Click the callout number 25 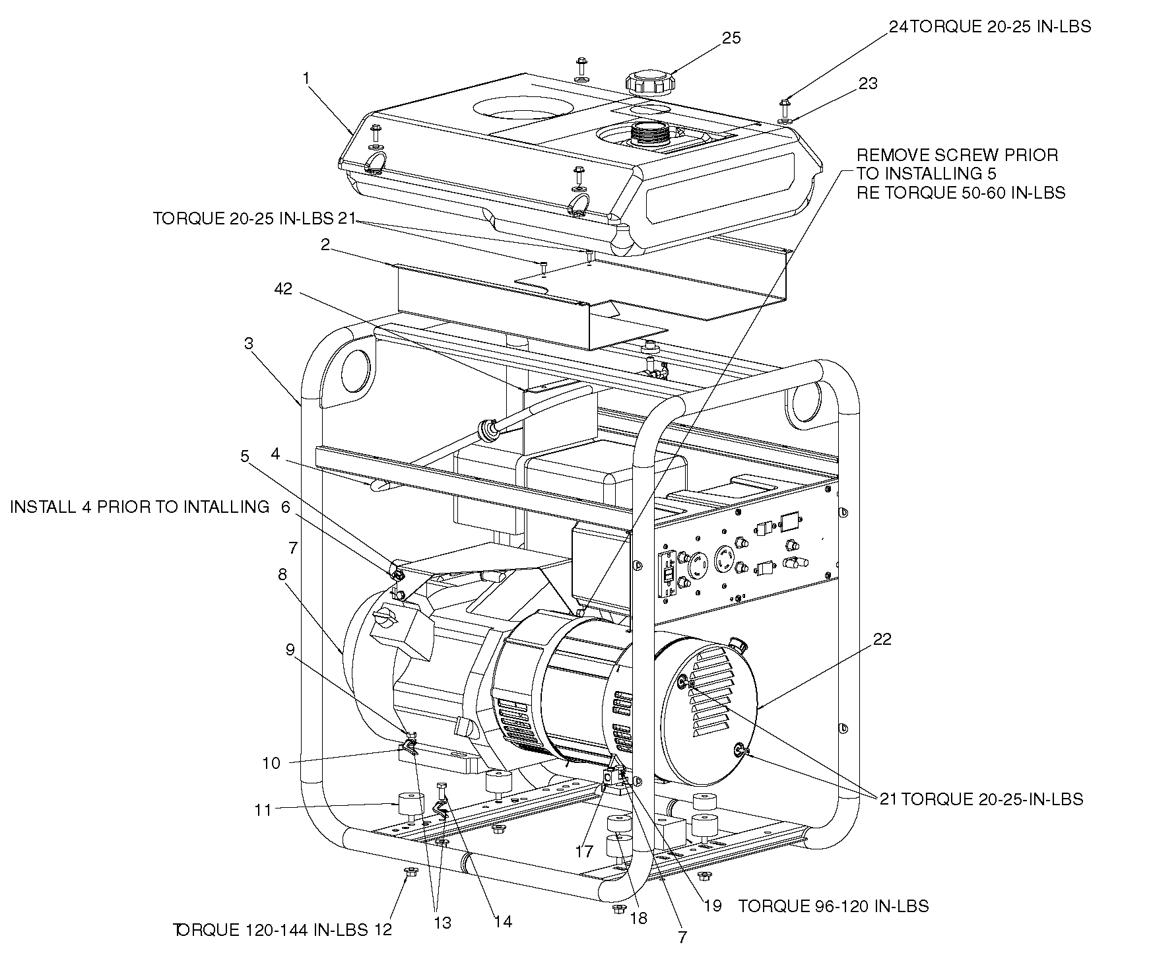click(x=731, y=38)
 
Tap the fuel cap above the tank click(x=649, y=82)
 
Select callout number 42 click(x=283, y=290)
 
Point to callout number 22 click(x=882, y=639)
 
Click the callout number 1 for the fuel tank click(x=306, y=78)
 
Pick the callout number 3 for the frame click(x=248, y=344)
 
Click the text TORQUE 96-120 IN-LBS click(x=834, y=906)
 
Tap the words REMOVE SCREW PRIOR click(x=957, y=155)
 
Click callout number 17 click(x=584, y=852)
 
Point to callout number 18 click(x=639, y=918)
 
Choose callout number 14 click(x=503, y=921)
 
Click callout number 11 click(x=263, y=810)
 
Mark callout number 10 click(x=271, y=763)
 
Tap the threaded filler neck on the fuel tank click(x=650, y=133)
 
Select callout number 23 click(x=868, y=83)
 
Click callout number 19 click(x=712, y=906)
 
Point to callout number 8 click(x=282, y=574)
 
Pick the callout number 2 click(x=325, y=245)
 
